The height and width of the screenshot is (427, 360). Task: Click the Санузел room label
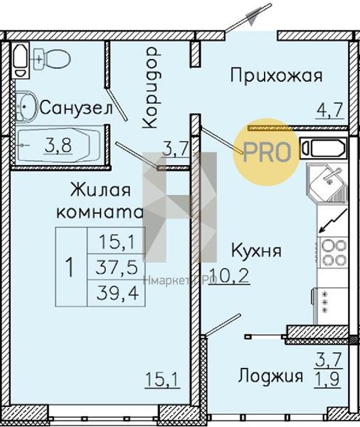(x=76, y=108)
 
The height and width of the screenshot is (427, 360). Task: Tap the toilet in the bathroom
(x=52, y=58)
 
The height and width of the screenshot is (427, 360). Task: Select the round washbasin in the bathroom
(x=26, y=107)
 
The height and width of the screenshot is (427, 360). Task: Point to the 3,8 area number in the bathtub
(x=58, y=146)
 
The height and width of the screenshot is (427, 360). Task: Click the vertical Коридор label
(x=150, y=88)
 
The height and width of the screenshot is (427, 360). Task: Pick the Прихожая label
(x=276, y=75)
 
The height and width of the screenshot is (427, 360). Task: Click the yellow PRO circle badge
(x=266, y=152)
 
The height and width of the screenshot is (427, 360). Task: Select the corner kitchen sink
(x=327, y=183)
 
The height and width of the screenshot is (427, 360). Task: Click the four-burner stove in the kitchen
(x=333, y=252)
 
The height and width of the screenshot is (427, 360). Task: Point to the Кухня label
(x=256, y=251)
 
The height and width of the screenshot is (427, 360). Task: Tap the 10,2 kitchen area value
(x=230, y=276)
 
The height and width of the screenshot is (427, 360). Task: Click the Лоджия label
(x=270, y=376)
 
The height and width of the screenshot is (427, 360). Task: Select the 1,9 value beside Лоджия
(x=327, y=379)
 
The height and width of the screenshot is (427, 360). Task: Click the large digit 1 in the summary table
(x=70, y=267)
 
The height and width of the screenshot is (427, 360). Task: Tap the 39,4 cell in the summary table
(x=117, y=293)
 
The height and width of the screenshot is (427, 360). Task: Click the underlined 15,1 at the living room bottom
(x=163, y=379)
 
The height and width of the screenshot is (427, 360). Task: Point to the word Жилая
(x=100, y=189)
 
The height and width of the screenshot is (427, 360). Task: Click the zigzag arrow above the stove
(x=333, y=221)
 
